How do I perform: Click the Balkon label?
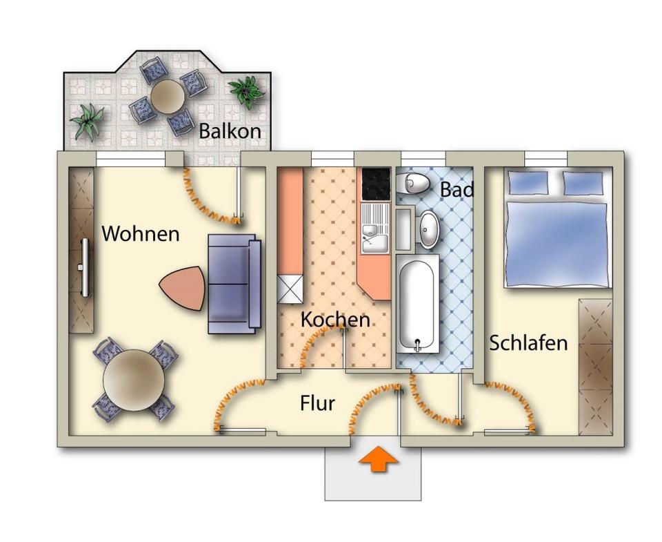coord(230,131)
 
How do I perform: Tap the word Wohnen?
coord(141,234)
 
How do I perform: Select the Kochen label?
coord(335,320)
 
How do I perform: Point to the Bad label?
coord(457,189)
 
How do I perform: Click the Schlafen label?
coord(528,343)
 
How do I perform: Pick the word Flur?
coord(317,403)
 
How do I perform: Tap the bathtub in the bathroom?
coord(419,302)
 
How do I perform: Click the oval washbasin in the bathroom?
coord(429,229)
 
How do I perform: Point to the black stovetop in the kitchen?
coord(377,184)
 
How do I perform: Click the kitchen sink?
coord(376,235)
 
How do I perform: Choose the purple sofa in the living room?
coord(234,284)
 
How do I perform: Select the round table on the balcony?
coord(166,97)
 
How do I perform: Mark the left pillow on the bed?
coord(528,183)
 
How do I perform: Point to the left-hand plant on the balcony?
coord(88,120)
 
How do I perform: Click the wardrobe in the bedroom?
coord(595,366)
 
